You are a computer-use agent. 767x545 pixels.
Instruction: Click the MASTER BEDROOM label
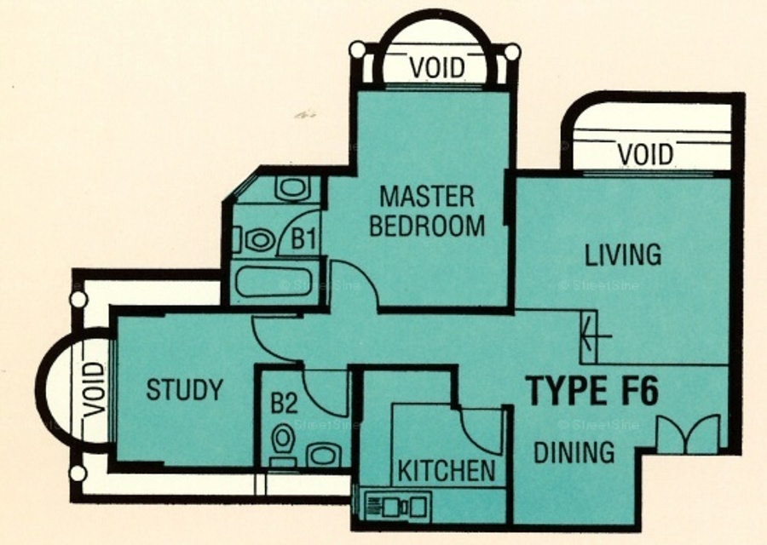pyautogui.click(x=427, y=211)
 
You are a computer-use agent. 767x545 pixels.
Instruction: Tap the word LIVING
pyautogui.click(x=623, y=255)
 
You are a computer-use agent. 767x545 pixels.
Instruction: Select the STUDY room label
pyautogui.click(x=185, y=389)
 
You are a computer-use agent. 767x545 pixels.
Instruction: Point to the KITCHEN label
pyautogui.click(x=447, y=470)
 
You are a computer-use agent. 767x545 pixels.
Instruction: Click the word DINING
pyautogui.click(x=574, y=452)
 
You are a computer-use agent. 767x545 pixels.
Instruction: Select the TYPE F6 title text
pyautogui.click(x=592, y=391)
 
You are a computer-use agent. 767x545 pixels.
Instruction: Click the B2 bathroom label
pyautogui.click(x=284, y=404)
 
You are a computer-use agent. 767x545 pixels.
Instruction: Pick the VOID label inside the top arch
pyautogui.click(x=437, y=68)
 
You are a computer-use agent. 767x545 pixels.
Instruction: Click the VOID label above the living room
pyautogui.click(x=646, y=154)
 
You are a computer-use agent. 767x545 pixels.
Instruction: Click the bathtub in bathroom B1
pyautogui.click(x=274, y=282)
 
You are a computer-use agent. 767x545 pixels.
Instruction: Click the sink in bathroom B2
pyautogui.click(x=323, y=455)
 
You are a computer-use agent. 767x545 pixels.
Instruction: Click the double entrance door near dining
pyautogui.click(x=688, y=433)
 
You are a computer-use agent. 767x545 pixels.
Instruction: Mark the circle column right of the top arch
pyautogui.click(x=512, y=52)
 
